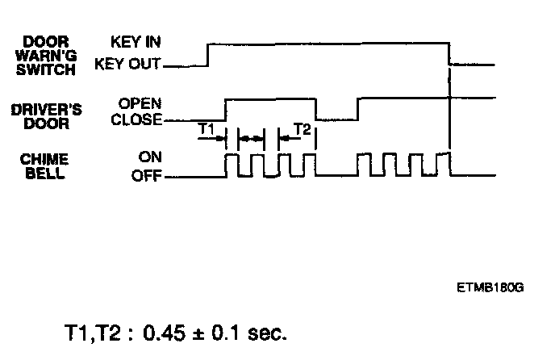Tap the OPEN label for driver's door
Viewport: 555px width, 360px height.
point(140,103)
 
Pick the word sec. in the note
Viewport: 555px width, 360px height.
point(267,332)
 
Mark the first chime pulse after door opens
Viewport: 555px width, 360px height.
point(232,164)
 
